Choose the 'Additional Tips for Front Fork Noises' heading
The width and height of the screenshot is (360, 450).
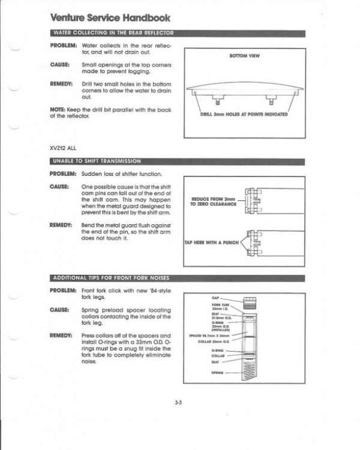pyautogui.click(x=110, y=277)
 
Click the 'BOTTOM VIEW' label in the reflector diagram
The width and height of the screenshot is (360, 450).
pyautogui.click(x=242, y=56)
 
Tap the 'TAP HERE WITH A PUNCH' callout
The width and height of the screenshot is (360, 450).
pyautogui.click(x=211, y=244)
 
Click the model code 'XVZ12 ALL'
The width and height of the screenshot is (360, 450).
pyautogui.click(x=63, y=147)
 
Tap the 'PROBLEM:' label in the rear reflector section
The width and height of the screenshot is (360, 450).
pyautogui.click(x=63, y=45)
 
